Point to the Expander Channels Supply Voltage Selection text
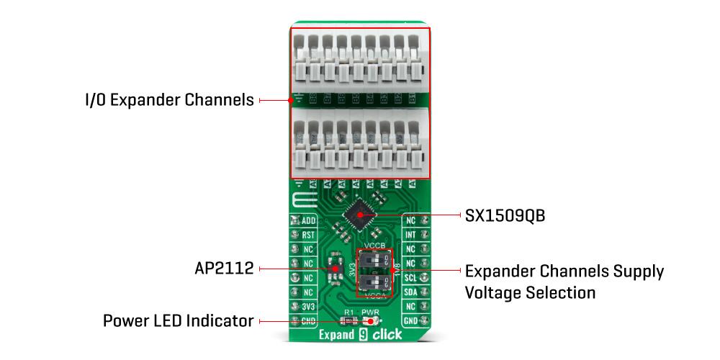pos(564,282)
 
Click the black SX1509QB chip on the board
pos(360,213)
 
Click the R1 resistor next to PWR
pos(348,320)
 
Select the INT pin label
pos(410,235)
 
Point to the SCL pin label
pos(410,277)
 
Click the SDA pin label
pos(410,292)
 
